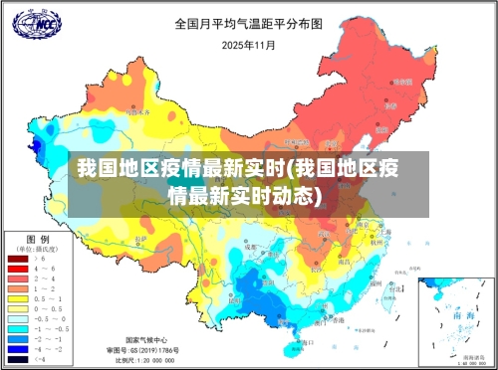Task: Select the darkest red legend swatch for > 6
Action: click(x=17, y=259)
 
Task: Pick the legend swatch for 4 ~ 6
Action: click(x=17, y=269)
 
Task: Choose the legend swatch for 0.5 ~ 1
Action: click(x=17, y=298)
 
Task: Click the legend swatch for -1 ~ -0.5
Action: click(x=17, y=328)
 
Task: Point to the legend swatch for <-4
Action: click(x=17, y=358)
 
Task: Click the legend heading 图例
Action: click(x=38, y=241)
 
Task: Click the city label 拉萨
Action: click(x=139, y=240)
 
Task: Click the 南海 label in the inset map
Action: click(x=457, y=313)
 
